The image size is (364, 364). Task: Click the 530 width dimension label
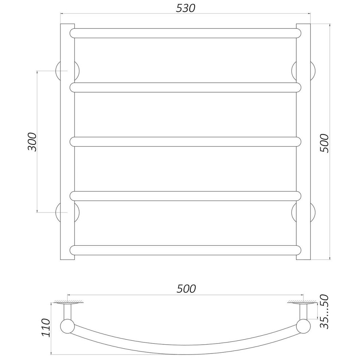185,8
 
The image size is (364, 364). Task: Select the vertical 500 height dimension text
324,143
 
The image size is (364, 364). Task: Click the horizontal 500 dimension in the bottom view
186,289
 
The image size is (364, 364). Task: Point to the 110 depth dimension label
45,328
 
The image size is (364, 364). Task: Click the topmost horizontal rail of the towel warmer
186,33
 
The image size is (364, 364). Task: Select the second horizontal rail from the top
186,87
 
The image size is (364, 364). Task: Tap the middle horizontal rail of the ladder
186,142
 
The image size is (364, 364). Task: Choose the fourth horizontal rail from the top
186,196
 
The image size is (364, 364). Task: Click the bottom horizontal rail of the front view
186,250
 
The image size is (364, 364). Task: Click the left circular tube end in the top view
67,326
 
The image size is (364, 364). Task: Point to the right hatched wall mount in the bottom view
302,302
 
